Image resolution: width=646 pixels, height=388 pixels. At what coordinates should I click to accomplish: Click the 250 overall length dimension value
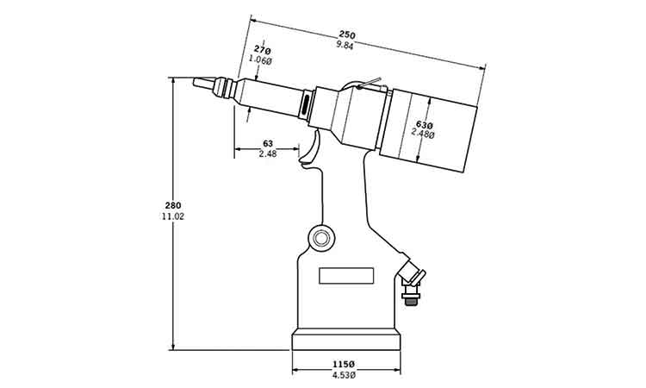pos(347,34)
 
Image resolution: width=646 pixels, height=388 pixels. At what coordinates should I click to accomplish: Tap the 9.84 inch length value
pos(345,46)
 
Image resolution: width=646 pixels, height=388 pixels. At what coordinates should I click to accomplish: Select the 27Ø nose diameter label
pos(262,50)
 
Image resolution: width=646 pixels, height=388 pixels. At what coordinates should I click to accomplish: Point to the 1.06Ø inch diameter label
pos(260,59)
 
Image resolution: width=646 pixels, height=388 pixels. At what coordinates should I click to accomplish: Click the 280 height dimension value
pos(173,205)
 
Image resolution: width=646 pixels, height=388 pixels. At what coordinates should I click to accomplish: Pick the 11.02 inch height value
pos(173,216)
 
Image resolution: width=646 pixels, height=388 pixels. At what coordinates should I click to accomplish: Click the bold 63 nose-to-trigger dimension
pos(268,143)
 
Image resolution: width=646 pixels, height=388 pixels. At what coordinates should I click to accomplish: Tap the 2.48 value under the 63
pos(268,153)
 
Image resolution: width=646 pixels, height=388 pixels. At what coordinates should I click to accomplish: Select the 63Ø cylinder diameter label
pos(425,124)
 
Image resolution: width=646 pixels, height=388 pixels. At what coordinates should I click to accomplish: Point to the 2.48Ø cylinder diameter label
pos(423,134)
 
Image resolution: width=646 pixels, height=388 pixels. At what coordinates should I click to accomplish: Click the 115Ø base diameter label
pos(344,365)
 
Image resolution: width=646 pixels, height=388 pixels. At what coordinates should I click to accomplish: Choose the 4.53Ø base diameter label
pos(344,374)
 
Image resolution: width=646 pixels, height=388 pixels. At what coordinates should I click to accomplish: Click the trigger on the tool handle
pos(311,147)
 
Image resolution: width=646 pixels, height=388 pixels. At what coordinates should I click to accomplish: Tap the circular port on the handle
pos(321,237)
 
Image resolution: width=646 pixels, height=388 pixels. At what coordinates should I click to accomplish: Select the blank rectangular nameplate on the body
pos(346,276)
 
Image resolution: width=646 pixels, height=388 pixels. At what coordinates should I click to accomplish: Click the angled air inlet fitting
pos(410,272)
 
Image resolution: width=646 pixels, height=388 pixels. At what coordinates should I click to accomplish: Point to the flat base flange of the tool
pos(346,340)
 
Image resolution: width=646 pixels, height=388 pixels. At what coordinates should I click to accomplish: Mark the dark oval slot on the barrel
pos(306,105)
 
